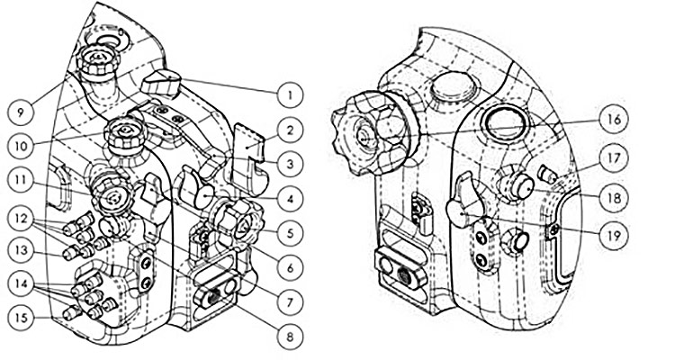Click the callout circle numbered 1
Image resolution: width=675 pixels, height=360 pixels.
click(x=289, y=92)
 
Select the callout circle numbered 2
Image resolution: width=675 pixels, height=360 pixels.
click(x=290, y=130)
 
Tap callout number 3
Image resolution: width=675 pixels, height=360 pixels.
click(x=290, y=164)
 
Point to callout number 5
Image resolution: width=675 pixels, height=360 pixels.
click(x=290, y=233)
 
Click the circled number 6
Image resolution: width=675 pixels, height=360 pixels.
click(x=290, y=267)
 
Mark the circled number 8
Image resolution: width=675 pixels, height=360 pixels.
click(x=290, y=337)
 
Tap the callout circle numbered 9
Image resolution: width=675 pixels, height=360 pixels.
click(x=20, y=112)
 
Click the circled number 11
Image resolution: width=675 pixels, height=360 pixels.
click(x=20, y=179)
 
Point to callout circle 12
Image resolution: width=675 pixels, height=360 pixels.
click(x=20, y=217)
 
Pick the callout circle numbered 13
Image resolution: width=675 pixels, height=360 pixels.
click(x=20, y=246)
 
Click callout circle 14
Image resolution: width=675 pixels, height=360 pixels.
click(x=20, y=283)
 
